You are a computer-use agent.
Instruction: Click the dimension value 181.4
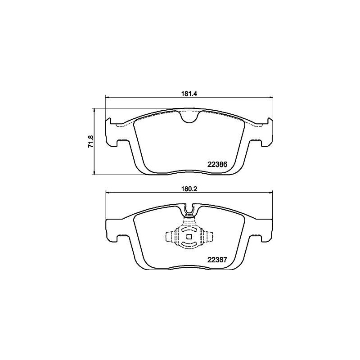(189, 94)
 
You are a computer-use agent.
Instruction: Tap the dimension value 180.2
(189, 189)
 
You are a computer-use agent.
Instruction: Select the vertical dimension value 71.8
(91, 142)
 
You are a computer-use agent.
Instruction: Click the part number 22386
(217, 164)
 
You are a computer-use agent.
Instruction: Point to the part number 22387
(217, 260)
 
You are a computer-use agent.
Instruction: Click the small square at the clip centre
(189, 237)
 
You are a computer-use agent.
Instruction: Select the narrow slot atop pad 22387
(189, 208)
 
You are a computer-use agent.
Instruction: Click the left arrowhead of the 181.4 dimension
(107, 98)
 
